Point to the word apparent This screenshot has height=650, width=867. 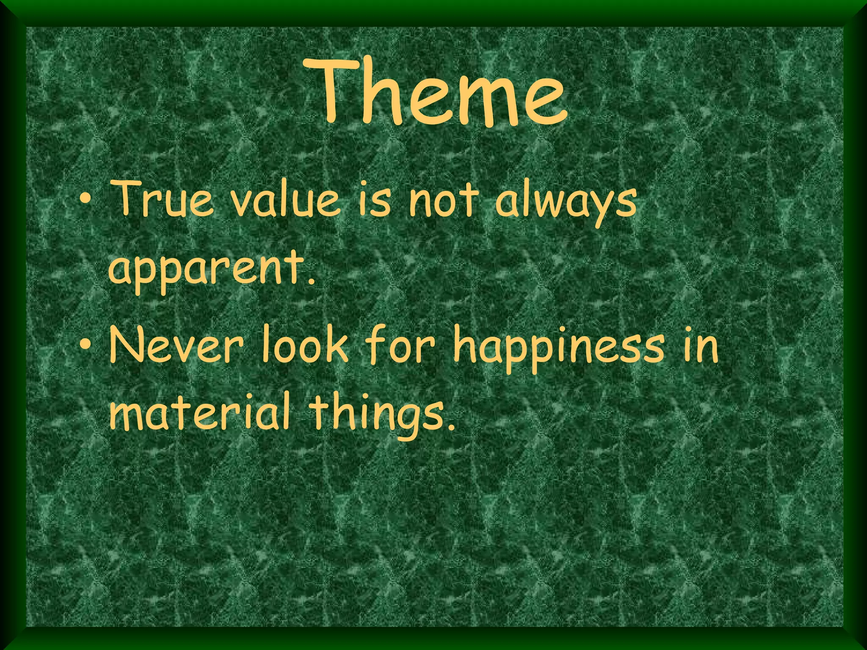(x=207, y=271)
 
